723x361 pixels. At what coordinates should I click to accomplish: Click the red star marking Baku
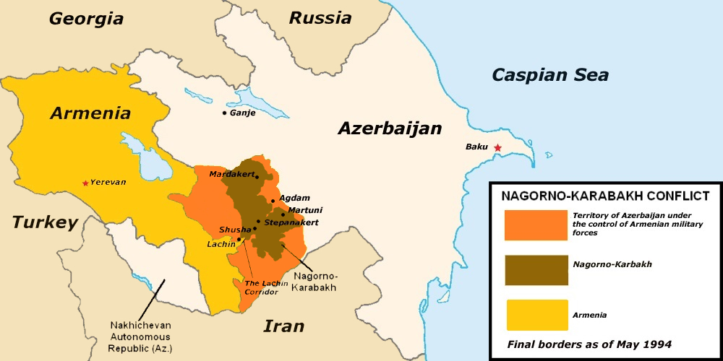click(497, 147)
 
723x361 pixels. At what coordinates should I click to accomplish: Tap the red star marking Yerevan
click(86, 183)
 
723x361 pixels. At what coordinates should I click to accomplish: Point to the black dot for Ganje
click(224, 113)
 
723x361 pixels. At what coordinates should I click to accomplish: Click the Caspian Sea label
click(550, 74)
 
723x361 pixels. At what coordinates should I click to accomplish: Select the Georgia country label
click(86, 19)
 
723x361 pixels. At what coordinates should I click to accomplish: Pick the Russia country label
click(320, 17)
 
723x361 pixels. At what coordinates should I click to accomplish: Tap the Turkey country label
click(44, 222)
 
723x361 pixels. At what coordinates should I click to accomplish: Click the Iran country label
click(283, 326)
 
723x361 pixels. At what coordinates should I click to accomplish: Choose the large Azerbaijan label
click(390, 129)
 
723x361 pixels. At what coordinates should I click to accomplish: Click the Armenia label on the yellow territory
click(90, 113)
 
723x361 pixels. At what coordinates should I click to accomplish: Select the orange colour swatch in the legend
click(536, 225)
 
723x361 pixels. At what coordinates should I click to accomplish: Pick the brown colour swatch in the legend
click(536, 270)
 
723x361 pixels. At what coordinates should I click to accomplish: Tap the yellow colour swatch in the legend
click(536, 315)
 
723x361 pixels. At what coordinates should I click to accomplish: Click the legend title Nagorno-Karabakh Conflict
click(605, 196)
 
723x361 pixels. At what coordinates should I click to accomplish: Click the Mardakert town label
click(232, 175)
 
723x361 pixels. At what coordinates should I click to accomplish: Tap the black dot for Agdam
click(273, 201)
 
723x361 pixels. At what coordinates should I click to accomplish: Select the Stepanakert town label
click(291, 222)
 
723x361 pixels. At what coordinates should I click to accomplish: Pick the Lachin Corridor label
click(261, 287)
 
